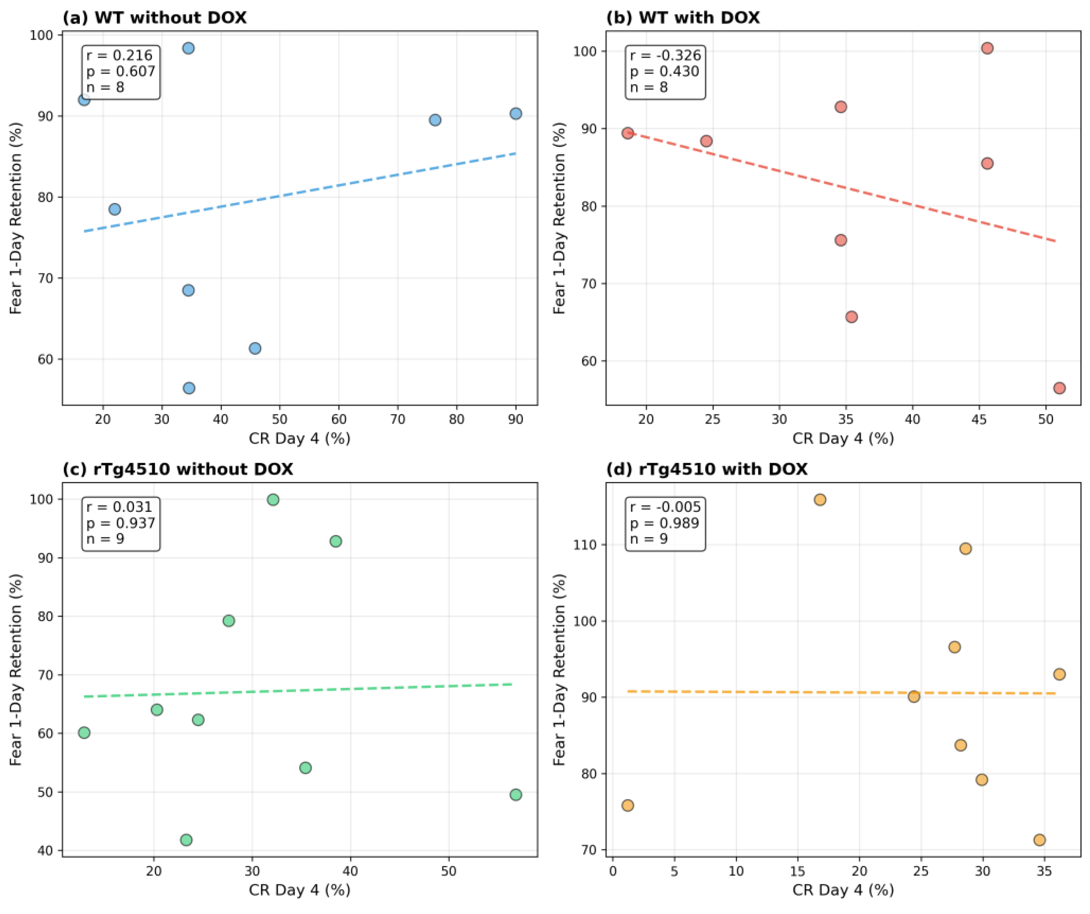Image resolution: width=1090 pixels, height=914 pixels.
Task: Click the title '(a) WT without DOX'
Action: click(155, 18)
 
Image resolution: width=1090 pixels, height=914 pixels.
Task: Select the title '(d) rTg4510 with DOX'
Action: click(706, 469)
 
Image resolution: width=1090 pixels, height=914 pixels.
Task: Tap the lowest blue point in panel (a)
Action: click(189, 388)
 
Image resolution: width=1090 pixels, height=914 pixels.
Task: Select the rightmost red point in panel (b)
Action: click(1059, 388)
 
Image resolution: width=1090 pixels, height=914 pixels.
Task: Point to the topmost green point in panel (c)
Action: click(273, 500)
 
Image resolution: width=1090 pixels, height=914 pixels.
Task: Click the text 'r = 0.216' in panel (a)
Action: click(119, 55)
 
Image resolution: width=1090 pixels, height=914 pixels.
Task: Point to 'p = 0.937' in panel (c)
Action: click(121, 523)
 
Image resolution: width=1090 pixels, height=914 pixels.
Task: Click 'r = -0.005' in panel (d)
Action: click(665, 507)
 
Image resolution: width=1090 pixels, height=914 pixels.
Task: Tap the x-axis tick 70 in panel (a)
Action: click(398, 419)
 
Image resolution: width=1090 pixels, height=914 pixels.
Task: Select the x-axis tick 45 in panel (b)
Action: click(979, 419)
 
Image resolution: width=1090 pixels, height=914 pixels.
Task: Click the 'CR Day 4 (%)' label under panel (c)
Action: click(300, 890)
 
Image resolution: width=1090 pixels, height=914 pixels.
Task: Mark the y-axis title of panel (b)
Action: click(559, 218)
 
